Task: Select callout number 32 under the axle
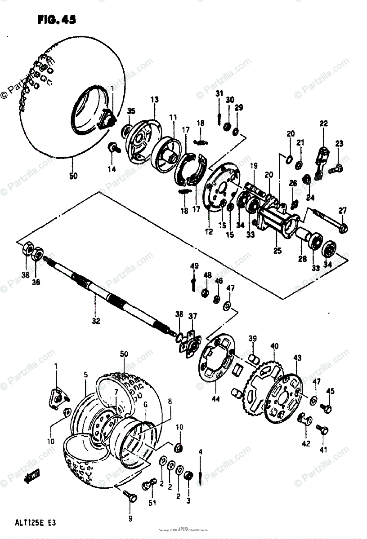click(96, 321)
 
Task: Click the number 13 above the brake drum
click(155, 100)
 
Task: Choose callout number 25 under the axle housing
click(277, 251)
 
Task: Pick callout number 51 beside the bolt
click(152, 503)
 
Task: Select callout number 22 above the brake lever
click(324, 124)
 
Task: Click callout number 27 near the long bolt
click(343, 210)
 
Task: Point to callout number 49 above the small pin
click(194, 266)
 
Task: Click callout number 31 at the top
click(219, 93)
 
